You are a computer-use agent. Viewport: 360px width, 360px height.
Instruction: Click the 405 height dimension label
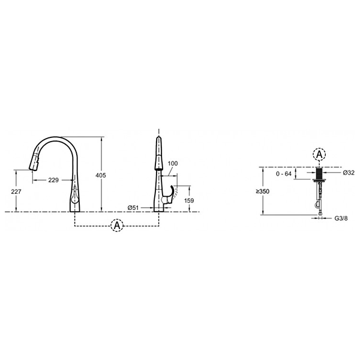(x=101, y=175)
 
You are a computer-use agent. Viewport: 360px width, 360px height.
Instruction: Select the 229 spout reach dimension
(x=53, y=180)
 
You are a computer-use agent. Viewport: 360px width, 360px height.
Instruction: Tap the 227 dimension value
(x=16, y=191)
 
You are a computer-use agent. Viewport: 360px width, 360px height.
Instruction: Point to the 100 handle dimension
(x=173, y=163)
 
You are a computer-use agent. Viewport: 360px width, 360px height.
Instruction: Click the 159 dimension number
(x=189, y=200)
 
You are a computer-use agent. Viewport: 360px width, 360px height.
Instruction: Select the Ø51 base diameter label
(x=133, y=208)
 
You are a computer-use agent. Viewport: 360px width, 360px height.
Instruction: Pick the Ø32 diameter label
(x=349, y=173)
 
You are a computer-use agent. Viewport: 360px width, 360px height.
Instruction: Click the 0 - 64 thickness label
(x=284, y=174)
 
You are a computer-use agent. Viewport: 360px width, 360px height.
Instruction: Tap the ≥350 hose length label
(x=263, y=191)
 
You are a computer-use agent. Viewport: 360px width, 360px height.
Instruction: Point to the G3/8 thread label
(x=341, y=218)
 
